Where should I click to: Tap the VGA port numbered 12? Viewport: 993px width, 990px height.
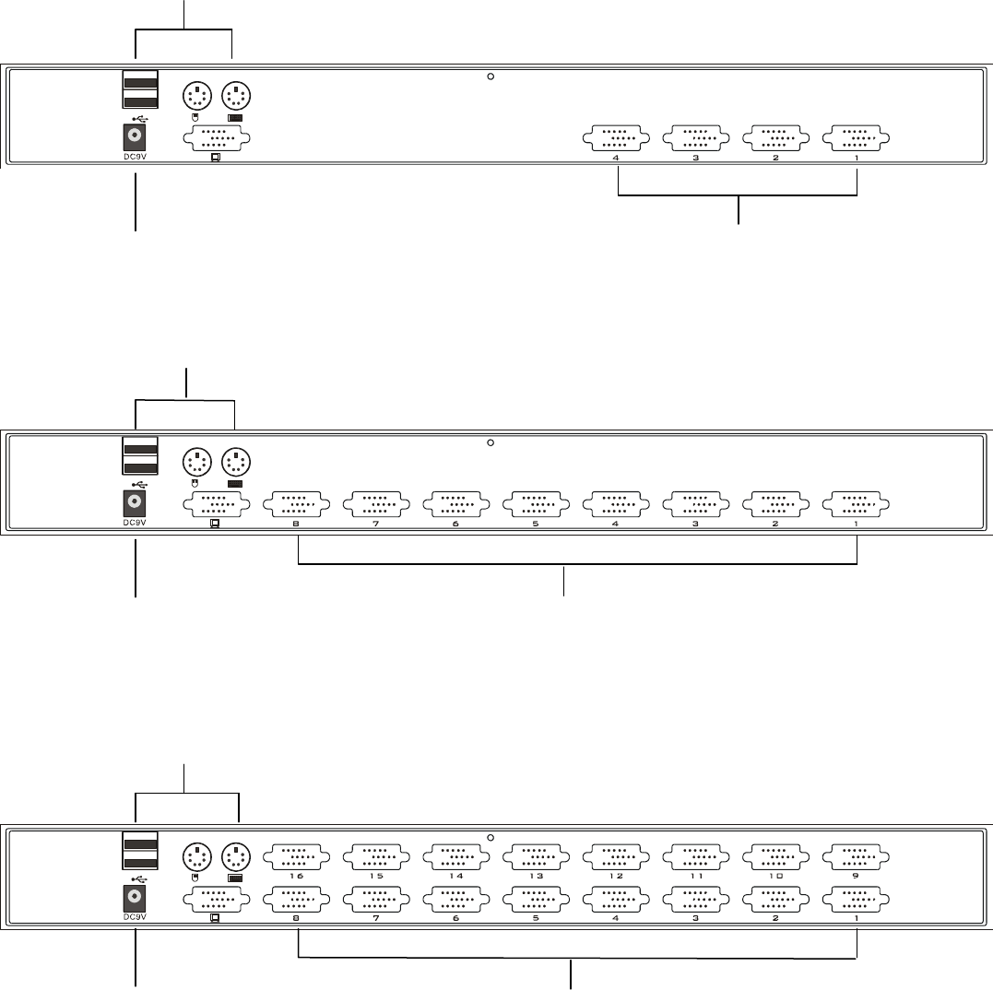click(x=616, y=854)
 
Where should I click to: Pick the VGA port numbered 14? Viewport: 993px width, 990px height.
click(x=456, y=854)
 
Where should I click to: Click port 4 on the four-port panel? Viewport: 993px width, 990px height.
click(x=616, y=138)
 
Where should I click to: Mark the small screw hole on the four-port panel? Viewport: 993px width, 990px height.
click(x=491, y=77)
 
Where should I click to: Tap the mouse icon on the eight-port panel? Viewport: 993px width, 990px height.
click(x=194, y=482)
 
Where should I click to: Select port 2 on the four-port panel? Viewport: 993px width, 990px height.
click(x=775, y=138)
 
